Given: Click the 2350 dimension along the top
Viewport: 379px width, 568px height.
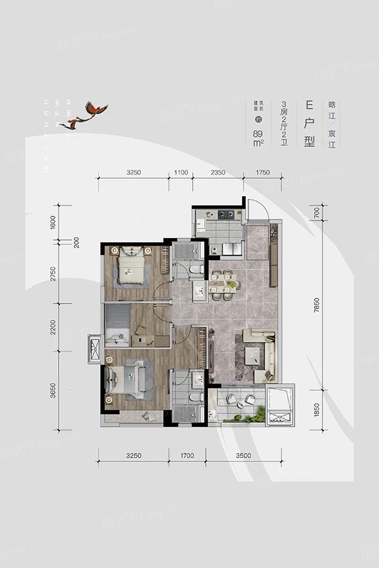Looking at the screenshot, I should point(218,172).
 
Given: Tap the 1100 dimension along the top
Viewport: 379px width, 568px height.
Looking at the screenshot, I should point(181,172).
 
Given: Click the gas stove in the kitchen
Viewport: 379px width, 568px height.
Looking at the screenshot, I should point(227,215).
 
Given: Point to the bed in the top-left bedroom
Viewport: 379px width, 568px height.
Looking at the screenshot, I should point(131,268).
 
